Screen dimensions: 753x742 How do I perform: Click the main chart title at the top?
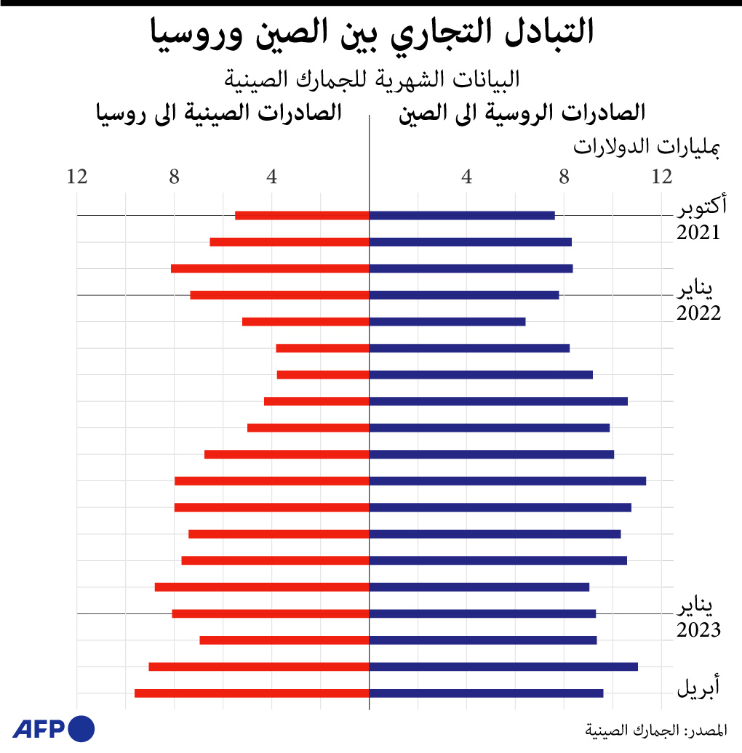coord(371,33)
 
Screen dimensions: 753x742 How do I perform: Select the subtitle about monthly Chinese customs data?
coord(371,78)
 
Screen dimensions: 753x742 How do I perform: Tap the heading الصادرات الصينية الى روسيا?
coord(219,113)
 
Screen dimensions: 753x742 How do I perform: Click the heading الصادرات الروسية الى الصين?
coord(522,113)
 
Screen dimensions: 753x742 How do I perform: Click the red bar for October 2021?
coord(302,215)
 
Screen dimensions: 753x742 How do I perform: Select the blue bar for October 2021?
coord(462,215)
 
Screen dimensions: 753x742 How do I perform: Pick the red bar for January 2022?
coord(280,295)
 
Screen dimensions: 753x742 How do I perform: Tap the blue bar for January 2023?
coord(482,613)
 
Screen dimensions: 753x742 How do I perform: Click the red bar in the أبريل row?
coord(252,693)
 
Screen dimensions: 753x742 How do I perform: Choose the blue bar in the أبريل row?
coord(486,693)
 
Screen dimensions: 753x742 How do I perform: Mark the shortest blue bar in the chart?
coord(447,321)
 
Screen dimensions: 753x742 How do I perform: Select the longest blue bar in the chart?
coord(508,480)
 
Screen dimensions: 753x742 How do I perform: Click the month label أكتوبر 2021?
coord(699,220)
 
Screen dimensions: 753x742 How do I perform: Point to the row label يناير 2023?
coord(699,618)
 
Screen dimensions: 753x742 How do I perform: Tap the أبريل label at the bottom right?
coord(699,687)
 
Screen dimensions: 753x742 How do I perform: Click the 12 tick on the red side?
coord(77,177)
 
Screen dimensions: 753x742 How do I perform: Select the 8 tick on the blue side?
coord(564,177)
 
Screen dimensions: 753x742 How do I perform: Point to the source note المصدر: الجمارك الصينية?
coord(655,729)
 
